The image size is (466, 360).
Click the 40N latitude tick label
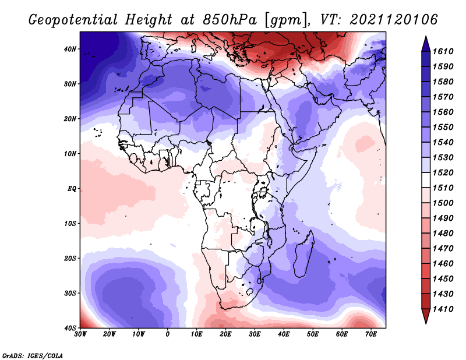(70, 49)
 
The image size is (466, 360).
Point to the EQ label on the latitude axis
(72, 189)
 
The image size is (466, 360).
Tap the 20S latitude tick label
(70, 258)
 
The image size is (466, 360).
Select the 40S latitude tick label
(70, 328)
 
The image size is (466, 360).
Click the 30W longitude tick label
(80, 334)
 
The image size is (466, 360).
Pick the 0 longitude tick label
(167, 334)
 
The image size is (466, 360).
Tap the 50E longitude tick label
(313, 334)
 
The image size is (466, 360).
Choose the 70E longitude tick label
(371, 334)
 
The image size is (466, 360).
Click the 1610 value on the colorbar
(443, 51)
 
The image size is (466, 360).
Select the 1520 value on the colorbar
(443, 172)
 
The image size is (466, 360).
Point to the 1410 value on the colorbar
(443, 309)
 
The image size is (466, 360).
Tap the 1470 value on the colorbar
(443, 248)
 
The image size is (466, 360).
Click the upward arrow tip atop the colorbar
(426, 37)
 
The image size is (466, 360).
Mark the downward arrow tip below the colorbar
(426, 323)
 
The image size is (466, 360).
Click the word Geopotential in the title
(73, 20)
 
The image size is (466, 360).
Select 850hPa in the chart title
(230, 20)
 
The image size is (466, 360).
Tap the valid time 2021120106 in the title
(394, 20)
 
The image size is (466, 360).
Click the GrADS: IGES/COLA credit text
(33, 355)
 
